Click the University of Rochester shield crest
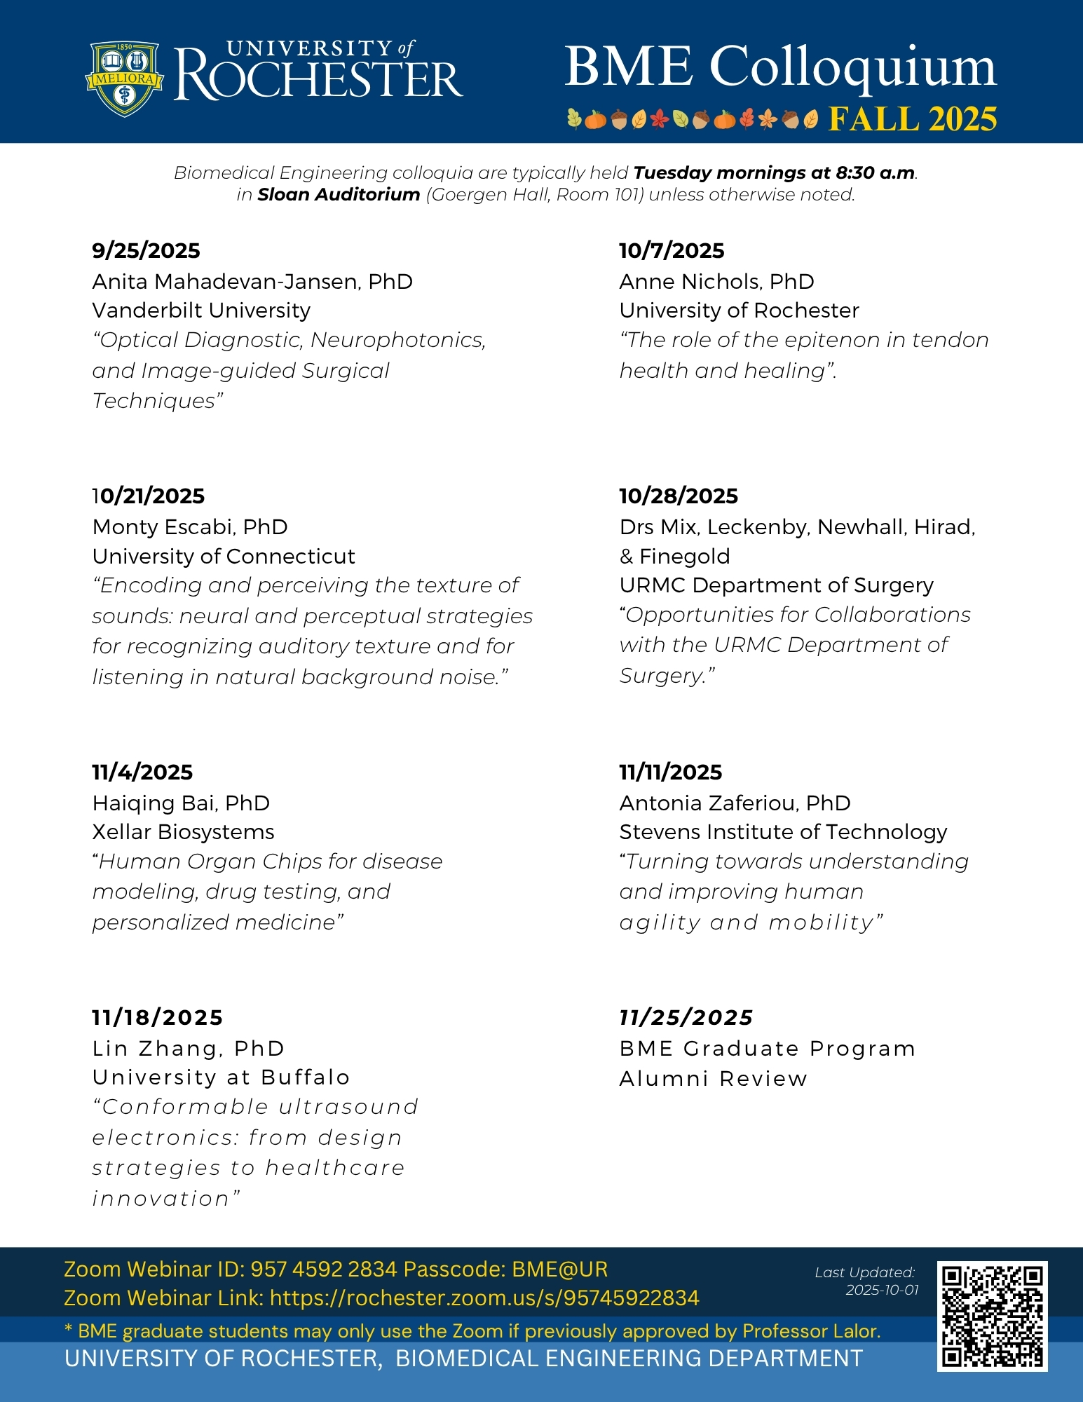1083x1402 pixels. (124, 78)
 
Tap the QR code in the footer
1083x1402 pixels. (992, 1316)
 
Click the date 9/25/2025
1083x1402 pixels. (146, 250)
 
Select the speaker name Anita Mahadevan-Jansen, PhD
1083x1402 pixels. (252, 281)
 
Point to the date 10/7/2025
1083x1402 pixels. (672, 250)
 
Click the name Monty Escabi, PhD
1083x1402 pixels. (190, 526)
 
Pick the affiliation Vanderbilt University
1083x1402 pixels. (201, 310)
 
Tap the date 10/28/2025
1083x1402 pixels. (679, 496)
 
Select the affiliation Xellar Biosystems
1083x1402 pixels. (183, 831)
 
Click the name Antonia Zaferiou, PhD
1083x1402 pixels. (735, 803)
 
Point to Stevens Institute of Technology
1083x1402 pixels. (783, 831)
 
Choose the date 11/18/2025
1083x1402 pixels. (157, 1017)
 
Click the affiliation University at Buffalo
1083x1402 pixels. (221, 1077)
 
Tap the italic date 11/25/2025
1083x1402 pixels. (686, 1017)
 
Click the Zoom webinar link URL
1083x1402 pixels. (484, 1298)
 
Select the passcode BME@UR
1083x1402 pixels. (559, 1270)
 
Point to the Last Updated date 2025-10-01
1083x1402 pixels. (882, 1290)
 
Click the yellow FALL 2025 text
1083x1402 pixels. (913, 119)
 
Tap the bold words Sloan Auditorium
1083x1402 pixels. (339, 194)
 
